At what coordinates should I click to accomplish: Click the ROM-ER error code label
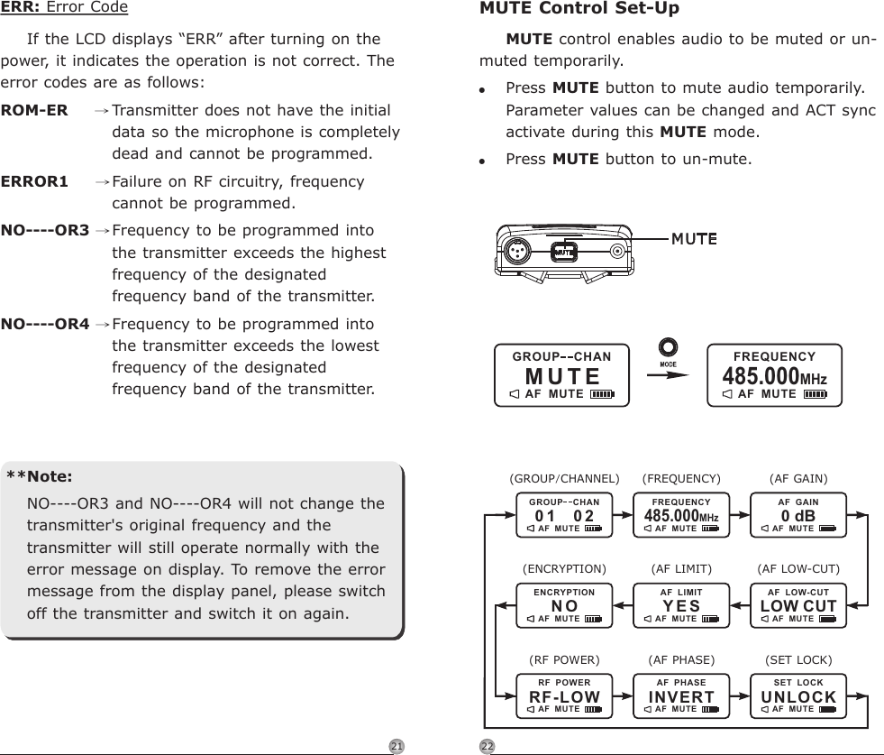(x=34, y=110)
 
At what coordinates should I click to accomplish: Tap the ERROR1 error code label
(x=34, y=181)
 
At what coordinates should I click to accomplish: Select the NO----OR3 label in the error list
(x=45, y=230)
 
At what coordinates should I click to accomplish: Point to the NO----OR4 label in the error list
(x=45, y=324)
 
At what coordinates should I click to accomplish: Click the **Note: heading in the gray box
(x=40, y=476)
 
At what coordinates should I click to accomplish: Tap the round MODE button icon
(x=668, y=348)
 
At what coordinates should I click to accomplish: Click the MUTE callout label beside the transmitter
(x=693, y=239)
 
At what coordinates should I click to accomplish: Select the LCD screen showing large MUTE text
(x=561, y=373)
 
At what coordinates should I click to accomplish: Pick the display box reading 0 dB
(x=797, y=515)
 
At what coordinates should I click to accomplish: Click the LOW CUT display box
(x=797, y=605)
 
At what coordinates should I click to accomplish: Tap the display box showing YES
(x=681, y=605)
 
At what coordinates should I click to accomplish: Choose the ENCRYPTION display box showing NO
(x=564, y=605)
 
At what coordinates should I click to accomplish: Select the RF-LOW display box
(x=564, y=695)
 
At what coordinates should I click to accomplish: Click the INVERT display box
(x=681, y=695)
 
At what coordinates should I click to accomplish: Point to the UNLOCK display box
(x=797, y=695)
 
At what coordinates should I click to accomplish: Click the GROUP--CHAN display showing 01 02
(x=564, y=515)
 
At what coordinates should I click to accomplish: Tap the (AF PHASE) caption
(x=681, y=659)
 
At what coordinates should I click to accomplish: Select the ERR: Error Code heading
(x=64, y=8)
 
